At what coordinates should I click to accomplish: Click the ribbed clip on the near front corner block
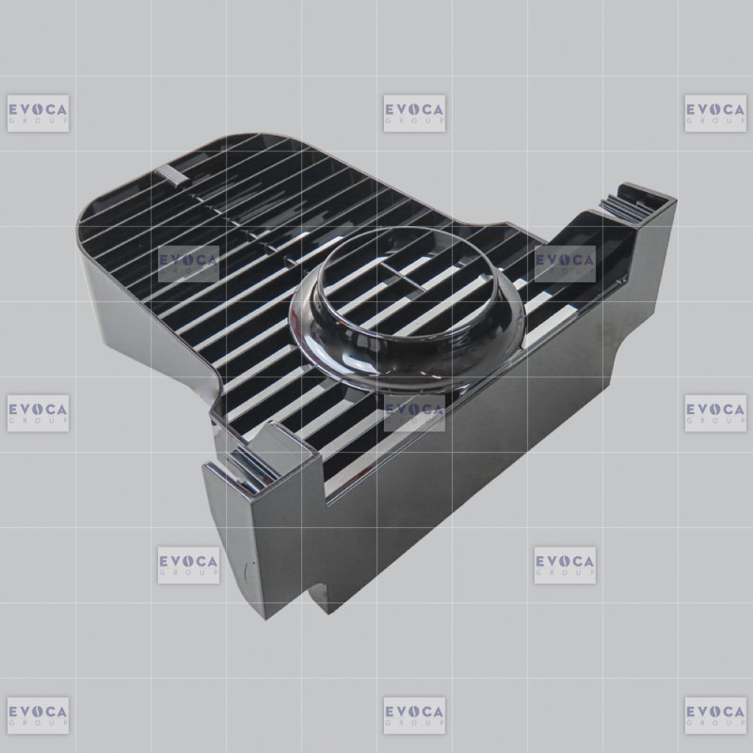pos(251,472)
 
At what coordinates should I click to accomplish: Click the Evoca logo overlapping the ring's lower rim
pos(414,413)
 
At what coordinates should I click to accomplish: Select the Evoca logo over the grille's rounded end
pos(189,264)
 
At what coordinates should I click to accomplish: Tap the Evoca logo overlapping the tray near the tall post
pos(565,264)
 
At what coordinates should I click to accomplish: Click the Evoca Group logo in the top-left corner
pos(38,113)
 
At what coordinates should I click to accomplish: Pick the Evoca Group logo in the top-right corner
pos(715,113)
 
